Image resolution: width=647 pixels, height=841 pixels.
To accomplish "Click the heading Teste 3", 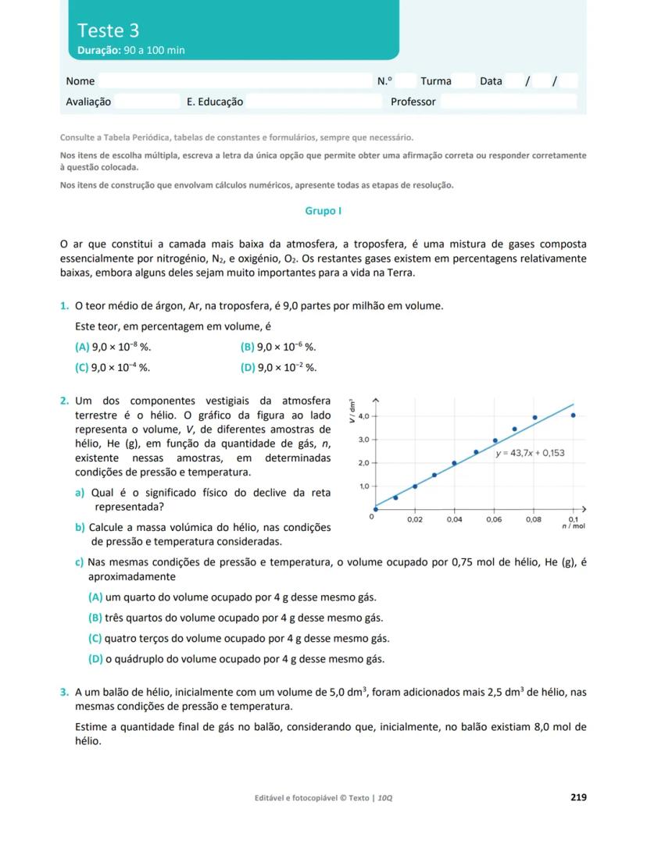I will (x=108, y=30).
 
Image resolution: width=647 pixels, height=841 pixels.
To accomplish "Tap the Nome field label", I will (x=80, y=81).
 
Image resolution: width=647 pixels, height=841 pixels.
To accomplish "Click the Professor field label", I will (x=413, y=102).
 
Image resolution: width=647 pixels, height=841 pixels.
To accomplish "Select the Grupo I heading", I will (x=323, y=211).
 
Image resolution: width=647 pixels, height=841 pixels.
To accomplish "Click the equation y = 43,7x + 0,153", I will (x=530, y=453).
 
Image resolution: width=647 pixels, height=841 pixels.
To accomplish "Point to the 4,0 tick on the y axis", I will (x=363, y=416).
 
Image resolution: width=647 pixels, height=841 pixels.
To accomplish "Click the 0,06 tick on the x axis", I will (x=494, y=519).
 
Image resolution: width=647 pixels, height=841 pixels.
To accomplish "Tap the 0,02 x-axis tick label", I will (x=414, y=519).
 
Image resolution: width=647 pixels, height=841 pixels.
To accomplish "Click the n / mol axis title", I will (x=574, y=527).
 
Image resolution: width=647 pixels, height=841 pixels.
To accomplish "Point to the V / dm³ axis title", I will (x=352, y=411).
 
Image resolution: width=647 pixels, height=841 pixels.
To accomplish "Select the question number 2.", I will (x=64, y=401).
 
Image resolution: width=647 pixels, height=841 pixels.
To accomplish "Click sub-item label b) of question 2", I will (x=80, y=527).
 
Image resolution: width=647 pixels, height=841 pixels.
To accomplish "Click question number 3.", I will (x=64, y=692).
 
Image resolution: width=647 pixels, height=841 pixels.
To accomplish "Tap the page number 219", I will (x=578, y=797).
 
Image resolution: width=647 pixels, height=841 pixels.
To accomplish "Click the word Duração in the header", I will (x=98, y=50).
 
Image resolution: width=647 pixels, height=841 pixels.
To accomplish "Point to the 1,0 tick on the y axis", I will (x=363, y=486).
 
